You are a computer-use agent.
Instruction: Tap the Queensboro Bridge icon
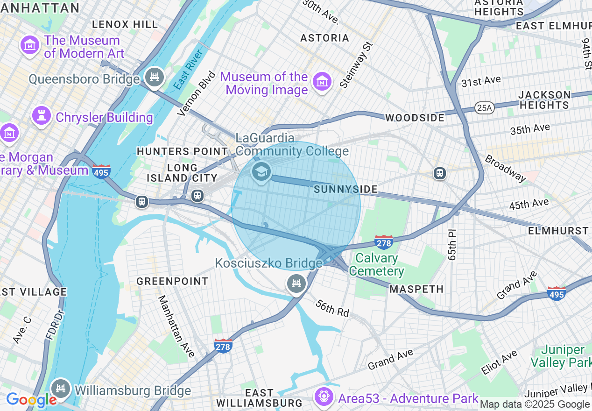coord(155,78)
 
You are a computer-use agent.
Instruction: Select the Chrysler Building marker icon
coord(41,116)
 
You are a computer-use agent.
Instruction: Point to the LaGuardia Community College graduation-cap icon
coord(261,172)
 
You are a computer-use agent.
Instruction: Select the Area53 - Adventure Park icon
coord(324,397)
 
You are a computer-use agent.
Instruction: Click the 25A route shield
coord(484,108)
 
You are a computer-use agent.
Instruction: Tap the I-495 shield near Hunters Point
coord(101,172)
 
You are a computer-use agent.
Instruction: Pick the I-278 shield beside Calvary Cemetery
coord(383,242)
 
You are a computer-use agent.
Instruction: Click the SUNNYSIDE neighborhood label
coord(345,189)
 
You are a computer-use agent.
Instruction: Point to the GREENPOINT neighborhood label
coord(172,281)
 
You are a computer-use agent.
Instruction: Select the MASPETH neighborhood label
coord(416,289)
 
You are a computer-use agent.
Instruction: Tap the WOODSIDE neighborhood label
coord(415,118)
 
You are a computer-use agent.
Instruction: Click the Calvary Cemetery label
coord(376,264)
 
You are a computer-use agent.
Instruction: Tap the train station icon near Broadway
coord(439,173)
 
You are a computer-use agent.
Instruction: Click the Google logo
coord(31,400)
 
